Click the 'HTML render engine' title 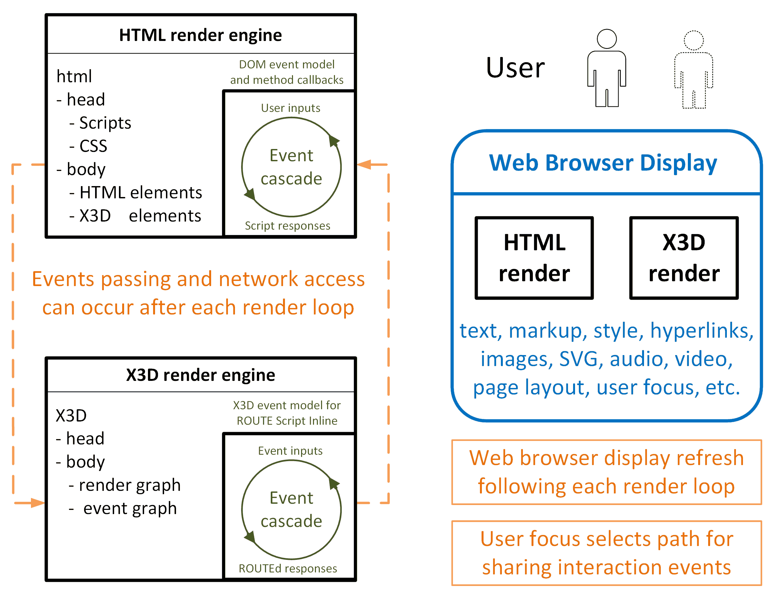[x=200, y=35]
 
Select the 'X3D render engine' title [x=200, y=375]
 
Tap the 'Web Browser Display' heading [x=603, y=163]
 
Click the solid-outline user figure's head [x=607, y=39]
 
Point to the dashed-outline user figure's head [x=693, y=40]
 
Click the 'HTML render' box [x=534, y=258]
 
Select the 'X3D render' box [x=684, y=258]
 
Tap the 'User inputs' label [x=290, y=108]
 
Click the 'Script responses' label [x=288, y=226]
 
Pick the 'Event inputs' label [x=290, y=451]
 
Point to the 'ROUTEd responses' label [x=288, y=569]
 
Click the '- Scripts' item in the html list [x=100, y=123]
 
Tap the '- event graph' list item [x=123, y=509]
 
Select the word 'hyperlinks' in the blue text [x=701, y=331]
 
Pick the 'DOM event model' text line [x=287, y=64]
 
